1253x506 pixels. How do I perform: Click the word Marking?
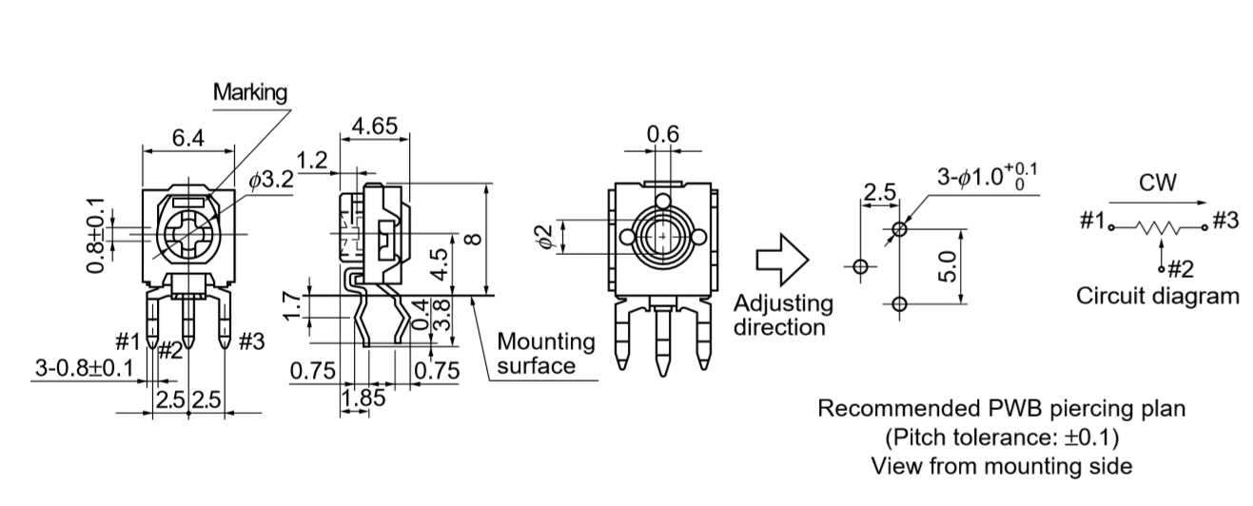pos(250,92)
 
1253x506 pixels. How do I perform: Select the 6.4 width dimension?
pos(188,138)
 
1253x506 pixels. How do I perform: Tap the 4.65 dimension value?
pos(374,126)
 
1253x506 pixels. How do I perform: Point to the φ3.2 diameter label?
pos(271,180)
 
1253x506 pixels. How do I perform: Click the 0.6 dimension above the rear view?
pos(663,134)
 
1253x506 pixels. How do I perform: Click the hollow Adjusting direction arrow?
pos(783,260)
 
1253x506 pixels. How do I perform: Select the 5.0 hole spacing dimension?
pos(947,266)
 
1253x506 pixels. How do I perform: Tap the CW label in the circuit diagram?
pos(1157,183)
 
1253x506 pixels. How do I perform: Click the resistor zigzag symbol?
pos(1158,227)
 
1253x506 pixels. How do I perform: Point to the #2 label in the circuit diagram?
pos(1181,269)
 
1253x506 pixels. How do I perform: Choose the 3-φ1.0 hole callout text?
pos(987,177)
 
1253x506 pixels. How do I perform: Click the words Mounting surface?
pos(546,354)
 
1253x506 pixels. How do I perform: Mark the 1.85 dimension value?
pos(363,399)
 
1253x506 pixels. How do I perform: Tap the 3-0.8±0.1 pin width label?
pos(85,368)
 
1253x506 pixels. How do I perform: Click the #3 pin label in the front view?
pos(252,341)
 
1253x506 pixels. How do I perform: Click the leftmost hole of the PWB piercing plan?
pos(860,266)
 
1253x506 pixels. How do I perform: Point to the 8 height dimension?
pos(473,239)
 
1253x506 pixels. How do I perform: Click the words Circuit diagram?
pos(1157,296)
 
